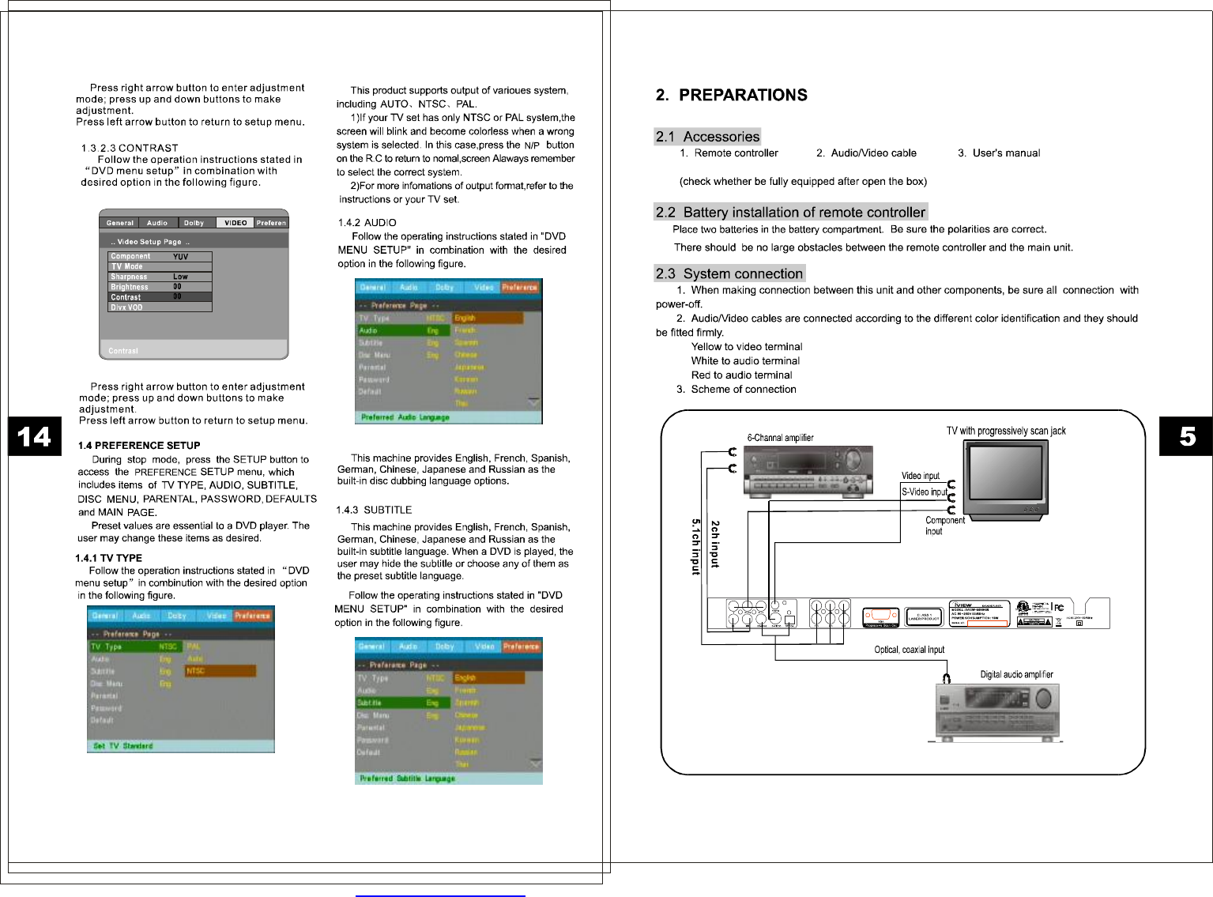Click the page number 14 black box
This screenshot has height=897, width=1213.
(x=34, y=436)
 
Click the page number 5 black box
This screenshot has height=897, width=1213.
(x=1186, y=436)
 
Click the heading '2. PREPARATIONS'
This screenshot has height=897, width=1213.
(x=731, y=96)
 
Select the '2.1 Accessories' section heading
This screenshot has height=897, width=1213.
(x=707, y=137)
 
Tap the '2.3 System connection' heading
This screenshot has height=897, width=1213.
(x=729, y=273)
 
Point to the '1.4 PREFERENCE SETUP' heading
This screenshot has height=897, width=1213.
(x=139, y=446)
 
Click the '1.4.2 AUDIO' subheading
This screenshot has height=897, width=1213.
(x=367, y=223)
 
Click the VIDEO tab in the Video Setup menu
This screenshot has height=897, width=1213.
(x=235, y=223)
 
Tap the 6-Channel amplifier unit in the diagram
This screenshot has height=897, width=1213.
(x=808, y=471)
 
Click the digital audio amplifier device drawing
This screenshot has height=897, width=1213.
(x=997, y=710)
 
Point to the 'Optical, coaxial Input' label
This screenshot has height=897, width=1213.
(x=909, y=650)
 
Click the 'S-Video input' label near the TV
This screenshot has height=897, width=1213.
(x=924, y=492)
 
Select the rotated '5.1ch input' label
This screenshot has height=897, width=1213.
(x=696, y=547)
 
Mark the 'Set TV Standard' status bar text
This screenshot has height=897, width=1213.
(x=123, y=746)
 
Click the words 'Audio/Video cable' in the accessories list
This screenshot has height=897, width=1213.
(x=873, y=153)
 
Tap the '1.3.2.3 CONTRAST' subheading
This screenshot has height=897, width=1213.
(x=130, y=149)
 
